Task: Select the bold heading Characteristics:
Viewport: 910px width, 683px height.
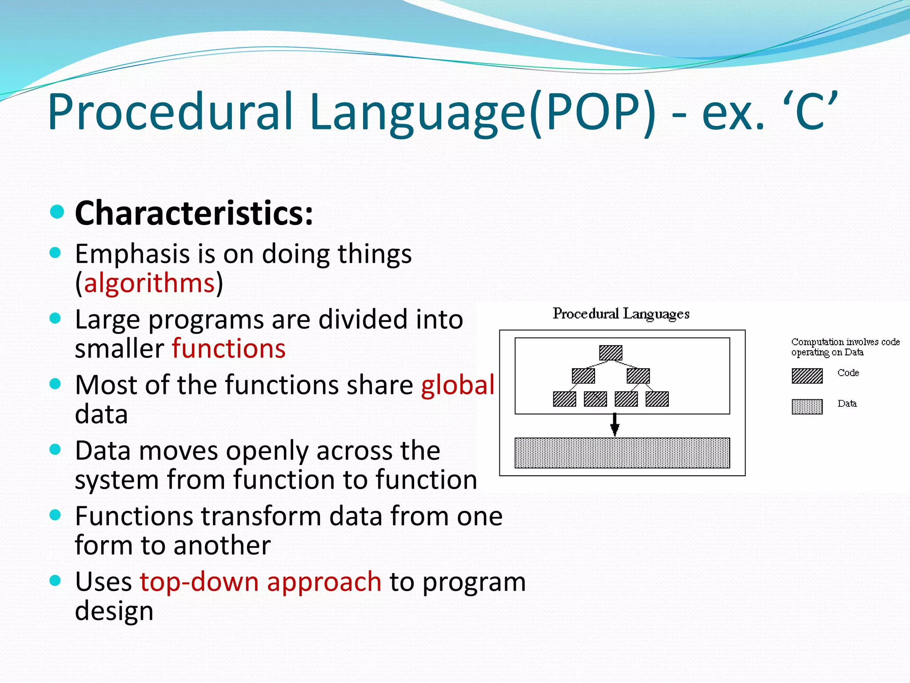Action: (x=194, y=213)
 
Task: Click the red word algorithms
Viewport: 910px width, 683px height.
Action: (x=149, y=283)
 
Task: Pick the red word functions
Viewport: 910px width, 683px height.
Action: (x=229, y=348)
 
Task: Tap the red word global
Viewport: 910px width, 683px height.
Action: (x=458, y=385)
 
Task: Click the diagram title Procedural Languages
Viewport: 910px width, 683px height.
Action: (x=621, y=314)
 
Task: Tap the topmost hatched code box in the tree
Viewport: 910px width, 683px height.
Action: (x=611, y=353)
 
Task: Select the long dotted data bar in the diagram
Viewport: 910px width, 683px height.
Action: (x=622, y=453)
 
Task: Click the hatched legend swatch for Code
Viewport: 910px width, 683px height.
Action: (x=807, y=376)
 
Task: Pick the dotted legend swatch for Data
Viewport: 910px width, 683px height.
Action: (x=807, y=406)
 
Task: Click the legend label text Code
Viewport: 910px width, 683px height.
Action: (x=848, y=373)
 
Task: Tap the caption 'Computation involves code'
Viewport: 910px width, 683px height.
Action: (x=845, y=342)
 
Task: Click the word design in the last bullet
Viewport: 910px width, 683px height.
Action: (x=114, y=611)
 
